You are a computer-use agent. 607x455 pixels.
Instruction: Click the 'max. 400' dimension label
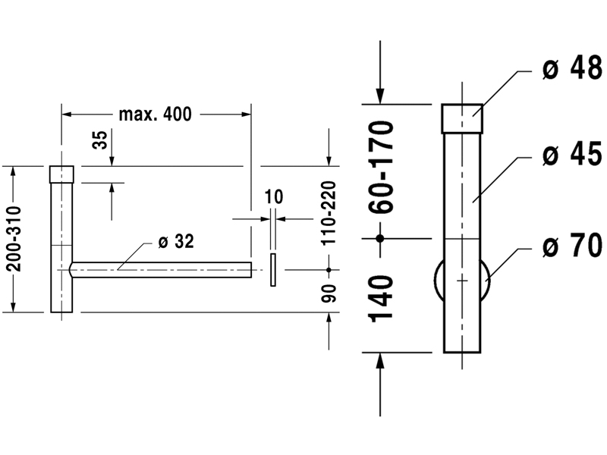[x=155, y=115]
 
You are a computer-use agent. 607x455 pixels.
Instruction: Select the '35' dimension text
[x=100, y=140]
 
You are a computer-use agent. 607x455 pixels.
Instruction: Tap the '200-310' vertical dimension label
[x=14, y=239]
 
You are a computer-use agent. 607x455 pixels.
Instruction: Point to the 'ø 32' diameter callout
[x=176, y=241]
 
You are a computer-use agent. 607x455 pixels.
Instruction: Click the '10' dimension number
[x=274, y=196]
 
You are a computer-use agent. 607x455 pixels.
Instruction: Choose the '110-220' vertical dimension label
[x=329, y=213]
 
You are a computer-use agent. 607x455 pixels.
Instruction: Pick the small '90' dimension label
[x=329, y=293]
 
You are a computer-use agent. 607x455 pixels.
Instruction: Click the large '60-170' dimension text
[x=382, y=167]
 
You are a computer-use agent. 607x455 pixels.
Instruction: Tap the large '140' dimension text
[x=382, y=299]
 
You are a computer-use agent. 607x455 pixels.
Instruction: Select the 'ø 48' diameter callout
[x=572, y=68]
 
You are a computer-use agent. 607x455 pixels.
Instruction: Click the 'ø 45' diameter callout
[x=572, y=154]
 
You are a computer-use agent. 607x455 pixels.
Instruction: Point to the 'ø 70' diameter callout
[x=572, y=245]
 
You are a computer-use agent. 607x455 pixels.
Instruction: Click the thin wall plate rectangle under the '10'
[x=273, y=270]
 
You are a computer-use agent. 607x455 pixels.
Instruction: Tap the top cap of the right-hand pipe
[x=462, y=118]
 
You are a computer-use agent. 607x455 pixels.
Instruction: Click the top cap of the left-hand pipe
[x=61, y=174]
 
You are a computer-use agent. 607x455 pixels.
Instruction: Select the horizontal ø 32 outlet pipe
[x=160, y=270]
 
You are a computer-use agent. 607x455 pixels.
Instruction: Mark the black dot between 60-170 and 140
[x=380, y=238]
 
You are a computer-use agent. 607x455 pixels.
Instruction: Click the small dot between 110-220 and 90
[x=329, y=270]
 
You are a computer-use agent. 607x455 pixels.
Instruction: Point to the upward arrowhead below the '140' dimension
[x=380, y=361]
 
